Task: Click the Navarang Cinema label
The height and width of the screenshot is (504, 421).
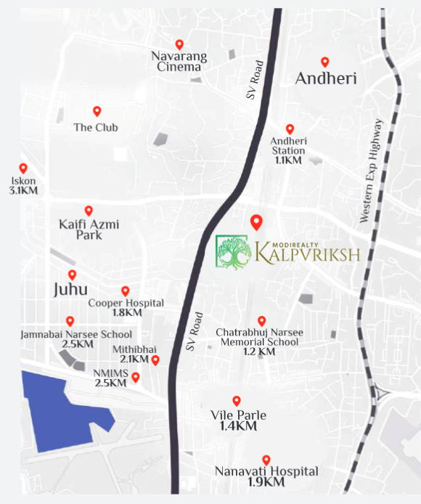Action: [179, 61]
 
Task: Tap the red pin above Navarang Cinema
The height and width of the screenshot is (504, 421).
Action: [179, 45]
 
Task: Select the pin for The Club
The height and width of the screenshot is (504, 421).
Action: [97, 111]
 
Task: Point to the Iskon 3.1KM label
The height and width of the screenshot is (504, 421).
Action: [23, 186]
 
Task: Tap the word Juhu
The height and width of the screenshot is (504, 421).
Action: [71, 290]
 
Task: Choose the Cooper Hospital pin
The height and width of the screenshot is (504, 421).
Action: [125, 291]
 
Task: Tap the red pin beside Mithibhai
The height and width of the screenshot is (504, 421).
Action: [155, 360]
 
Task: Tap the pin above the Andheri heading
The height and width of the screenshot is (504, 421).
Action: [325, 62]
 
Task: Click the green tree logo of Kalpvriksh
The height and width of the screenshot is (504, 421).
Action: [233, 251]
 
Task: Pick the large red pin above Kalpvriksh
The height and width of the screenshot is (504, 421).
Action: [256, 223]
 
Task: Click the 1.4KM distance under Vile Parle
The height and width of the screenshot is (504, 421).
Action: [238, 427]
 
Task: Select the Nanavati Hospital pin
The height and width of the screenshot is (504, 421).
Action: [266, 460]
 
